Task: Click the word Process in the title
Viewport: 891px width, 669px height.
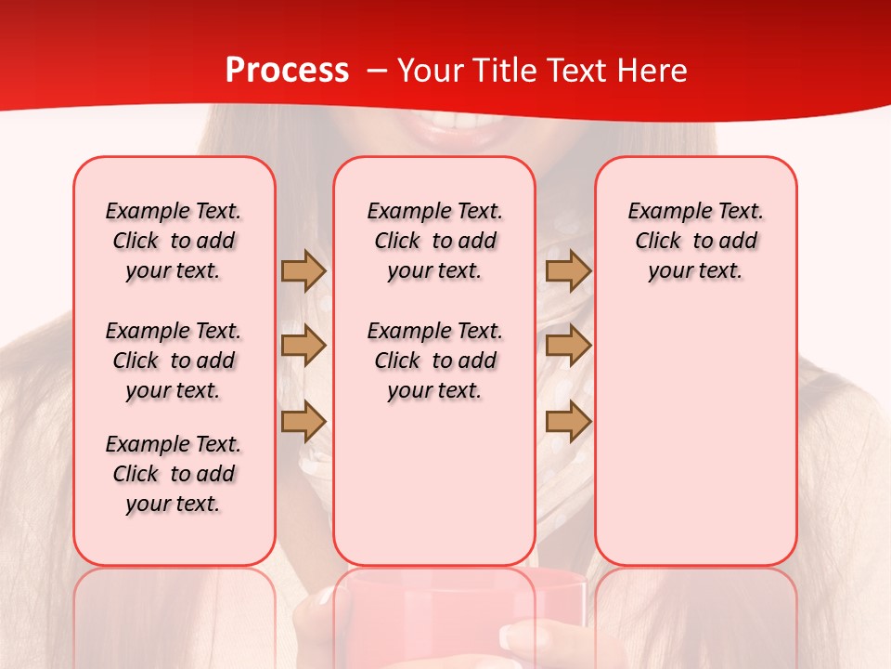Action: coord(287,71)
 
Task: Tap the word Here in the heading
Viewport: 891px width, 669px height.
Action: coord(651,71)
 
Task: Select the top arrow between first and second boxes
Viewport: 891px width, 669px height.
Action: coord(303,271)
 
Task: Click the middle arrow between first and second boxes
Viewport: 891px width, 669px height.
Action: coord(303,347)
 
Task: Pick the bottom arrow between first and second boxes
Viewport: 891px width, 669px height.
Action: coord(303,422)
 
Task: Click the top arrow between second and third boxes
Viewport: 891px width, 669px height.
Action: coord(568,271)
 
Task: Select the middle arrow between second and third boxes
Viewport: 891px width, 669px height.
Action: coord(568,347)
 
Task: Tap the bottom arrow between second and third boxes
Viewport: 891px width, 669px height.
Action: coord(568,422)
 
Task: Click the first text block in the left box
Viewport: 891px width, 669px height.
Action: coord(174,241)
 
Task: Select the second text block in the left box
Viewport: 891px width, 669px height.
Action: coord(174,361)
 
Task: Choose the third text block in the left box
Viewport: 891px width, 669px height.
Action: coord(174,474)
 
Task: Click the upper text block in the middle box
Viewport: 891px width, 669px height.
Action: coord(434,241)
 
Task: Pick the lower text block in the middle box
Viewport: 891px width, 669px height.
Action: coord(434,361)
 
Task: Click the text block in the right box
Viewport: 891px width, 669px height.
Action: coord(695,241)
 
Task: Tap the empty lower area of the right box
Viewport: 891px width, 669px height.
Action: coord(695,446)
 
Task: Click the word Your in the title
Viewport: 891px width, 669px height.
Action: coord(432,71)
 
